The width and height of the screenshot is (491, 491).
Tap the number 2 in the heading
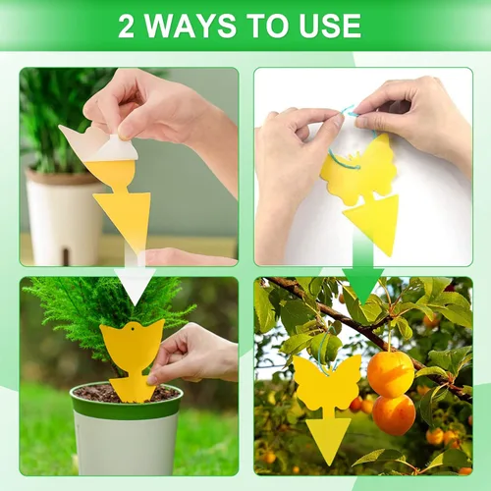pos(126,27)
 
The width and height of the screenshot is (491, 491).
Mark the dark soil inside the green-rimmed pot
pos(98,393)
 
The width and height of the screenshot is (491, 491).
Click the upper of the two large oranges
pos(391,373)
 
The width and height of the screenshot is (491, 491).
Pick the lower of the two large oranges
pos(394,414)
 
